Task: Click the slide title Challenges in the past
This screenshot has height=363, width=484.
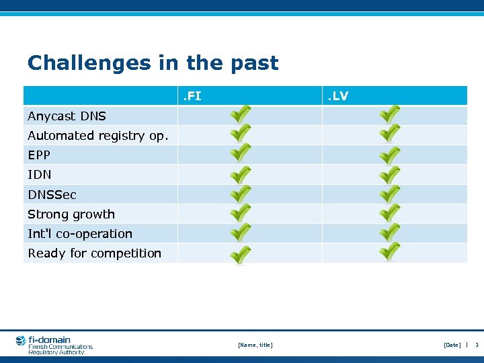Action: point(153,63)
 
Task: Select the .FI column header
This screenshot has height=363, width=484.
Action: point(192,96)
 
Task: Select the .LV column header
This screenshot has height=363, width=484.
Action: point(337,96)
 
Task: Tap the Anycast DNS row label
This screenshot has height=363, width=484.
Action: point(67,116)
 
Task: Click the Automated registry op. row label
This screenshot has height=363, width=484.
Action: point(98,136)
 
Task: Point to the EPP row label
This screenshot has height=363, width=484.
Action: point(39,155)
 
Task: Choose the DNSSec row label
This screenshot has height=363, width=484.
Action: point(52,195)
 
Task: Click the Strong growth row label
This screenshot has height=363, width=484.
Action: point(71,214)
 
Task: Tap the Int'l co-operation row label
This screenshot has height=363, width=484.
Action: point(79,234)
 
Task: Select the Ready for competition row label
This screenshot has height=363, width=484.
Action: point(94,253)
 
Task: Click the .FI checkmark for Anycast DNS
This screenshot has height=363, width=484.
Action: point(241,115)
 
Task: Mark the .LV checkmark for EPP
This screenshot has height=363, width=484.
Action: point(389,155)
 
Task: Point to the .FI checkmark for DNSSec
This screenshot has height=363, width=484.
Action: point(241,194)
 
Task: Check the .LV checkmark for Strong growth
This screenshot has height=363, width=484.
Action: point(389,214)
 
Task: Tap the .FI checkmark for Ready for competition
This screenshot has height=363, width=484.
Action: point(241,255)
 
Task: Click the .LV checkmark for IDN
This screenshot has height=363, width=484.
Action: point(389,175)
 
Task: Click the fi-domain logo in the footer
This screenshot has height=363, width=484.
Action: point(54,345)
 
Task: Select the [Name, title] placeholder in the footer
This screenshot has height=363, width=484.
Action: point(255,345)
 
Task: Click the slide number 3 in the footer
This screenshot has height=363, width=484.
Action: point(477,345)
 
